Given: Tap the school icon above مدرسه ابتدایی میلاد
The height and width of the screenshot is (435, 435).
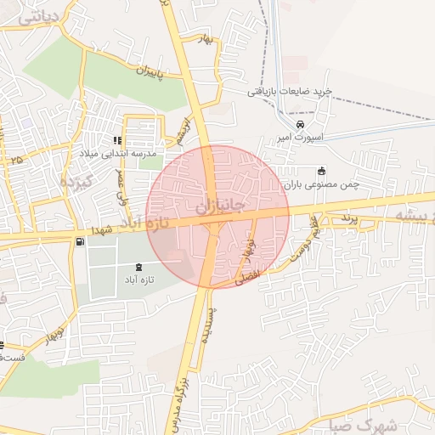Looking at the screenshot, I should coord(116,140).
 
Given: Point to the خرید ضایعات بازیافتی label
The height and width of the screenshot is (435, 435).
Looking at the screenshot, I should coord(289,91).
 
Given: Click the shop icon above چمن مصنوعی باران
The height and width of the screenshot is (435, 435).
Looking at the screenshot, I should coord(321,170).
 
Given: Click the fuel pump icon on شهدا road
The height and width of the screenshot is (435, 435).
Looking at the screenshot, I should coord(80,242).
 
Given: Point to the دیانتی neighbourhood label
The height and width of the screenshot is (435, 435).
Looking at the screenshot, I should coord(34,14).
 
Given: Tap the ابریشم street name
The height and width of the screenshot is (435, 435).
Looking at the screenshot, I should coord(180,129).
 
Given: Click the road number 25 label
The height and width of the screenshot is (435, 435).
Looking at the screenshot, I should coord(17,159).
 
